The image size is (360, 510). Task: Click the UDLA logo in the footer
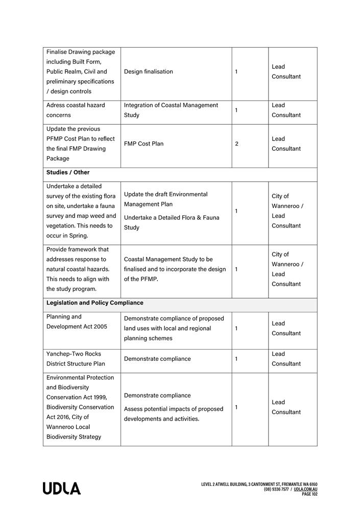coord(62,489)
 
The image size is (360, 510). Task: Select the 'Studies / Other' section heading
coord(68,173)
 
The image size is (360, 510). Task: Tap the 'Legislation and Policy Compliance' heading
coord(95,303)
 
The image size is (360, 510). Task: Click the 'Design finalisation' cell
coord(149,72)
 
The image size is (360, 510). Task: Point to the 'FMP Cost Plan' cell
coord(144,144)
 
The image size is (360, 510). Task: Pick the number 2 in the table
coord(236,144)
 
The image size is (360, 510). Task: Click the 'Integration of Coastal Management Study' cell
coord(171,110)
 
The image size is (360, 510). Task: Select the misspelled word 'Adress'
coord(56,105)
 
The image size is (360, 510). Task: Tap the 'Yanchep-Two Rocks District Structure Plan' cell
coord(76,359)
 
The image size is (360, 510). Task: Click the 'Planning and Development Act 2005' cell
coord(77,322)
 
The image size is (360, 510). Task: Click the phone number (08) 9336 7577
coord(276,490)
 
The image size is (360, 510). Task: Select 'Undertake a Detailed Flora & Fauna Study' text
coord(172,223)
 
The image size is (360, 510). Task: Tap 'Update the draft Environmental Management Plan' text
coord(166,199)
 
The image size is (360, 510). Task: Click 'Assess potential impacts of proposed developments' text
coord(174,414)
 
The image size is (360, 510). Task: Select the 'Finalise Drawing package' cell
coord(81,72)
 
